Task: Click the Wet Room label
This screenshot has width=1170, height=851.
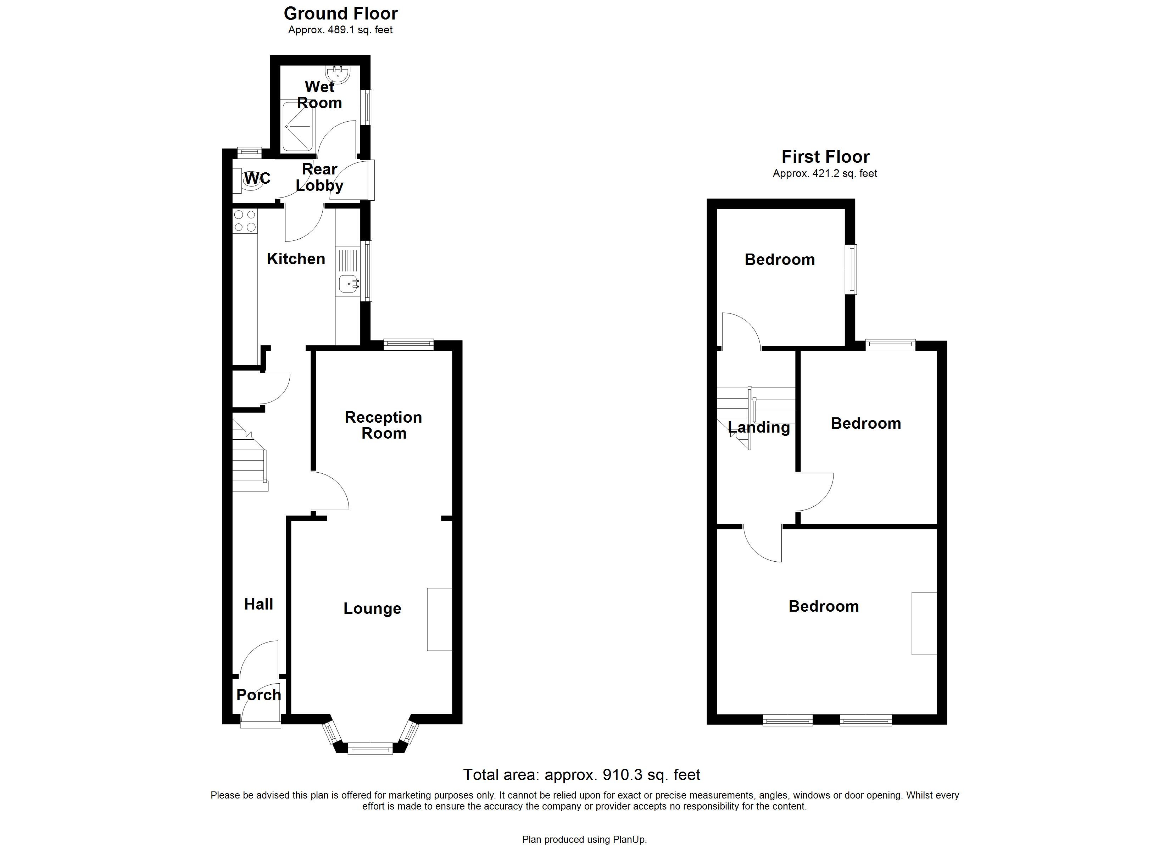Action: [319, 95]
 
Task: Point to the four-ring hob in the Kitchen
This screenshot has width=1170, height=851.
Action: [245, 221]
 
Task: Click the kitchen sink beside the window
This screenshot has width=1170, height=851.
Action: [349, 283]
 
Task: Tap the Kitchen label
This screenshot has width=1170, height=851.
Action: [296, 258]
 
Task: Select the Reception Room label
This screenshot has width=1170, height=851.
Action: [383, 425]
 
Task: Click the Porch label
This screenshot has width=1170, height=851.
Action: [258, 695]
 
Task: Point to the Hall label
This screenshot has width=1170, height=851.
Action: [258, 604]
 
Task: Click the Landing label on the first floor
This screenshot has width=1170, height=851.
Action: [758, 427]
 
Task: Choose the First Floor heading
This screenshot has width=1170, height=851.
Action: [825, 156]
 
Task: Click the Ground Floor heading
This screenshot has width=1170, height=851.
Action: [340, 13]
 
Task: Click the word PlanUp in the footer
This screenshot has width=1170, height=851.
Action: [629, 840]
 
